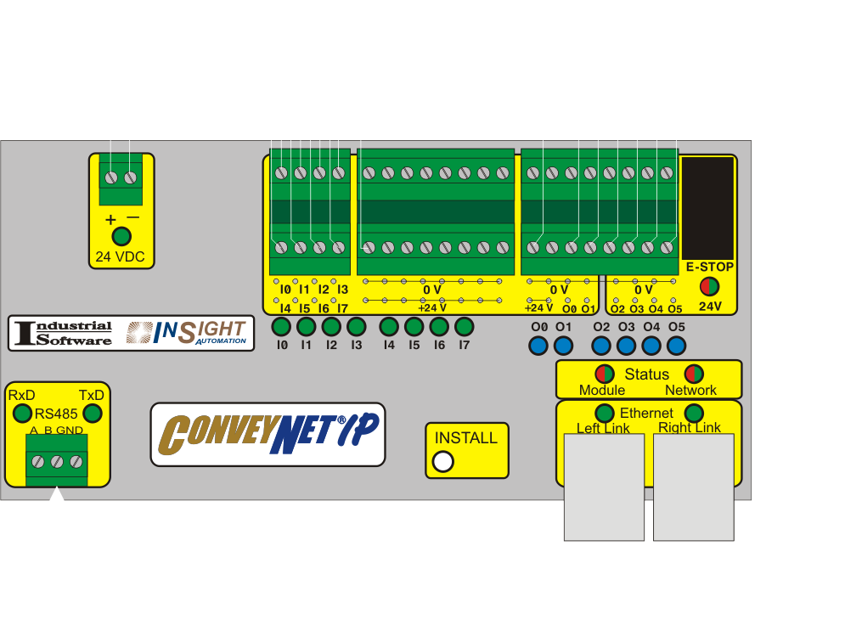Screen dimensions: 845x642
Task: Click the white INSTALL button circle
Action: (443, 461)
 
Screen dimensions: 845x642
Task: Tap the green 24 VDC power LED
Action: (121, 237)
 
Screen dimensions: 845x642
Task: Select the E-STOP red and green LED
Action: (709, 286)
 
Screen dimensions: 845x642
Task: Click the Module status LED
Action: (605, 374)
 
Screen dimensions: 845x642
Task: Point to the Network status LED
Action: (694, 374)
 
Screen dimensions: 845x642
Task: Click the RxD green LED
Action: (22, 414)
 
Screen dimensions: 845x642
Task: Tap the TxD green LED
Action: (93, 414)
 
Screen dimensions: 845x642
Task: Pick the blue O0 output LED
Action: (538, 346)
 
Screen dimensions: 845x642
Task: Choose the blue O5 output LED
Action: (676, 346)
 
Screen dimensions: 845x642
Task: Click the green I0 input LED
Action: (281, 326)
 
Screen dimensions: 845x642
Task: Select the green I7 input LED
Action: (464, 326)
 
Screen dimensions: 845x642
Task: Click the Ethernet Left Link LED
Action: (605, 414)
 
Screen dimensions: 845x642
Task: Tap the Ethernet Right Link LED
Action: (694, 414)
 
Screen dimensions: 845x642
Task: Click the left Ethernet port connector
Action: (604, 487)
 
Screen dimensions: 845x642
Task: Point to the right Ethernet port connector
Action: (694, 487)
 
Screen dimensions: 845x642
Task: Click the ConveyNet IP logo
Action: (268, 435)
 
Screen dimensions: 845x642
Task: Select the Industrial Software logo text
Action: (64, 333)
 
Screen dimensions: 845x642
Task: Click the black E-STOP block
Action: (707, 209)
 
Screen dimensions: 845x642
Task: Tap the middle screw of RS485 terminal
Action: (57, 461)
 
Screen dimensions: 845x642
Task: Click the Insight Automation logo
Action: (187, 333)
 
